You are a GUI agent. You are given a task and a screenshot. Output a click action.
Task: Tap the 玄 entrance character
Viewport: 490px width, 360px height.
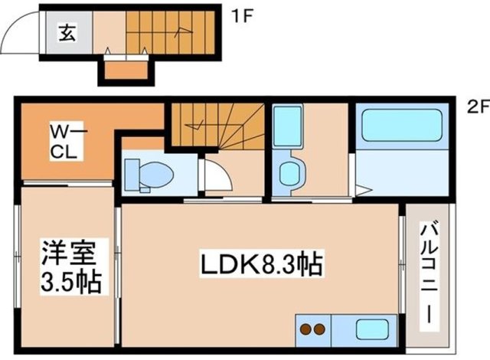click(68, 34)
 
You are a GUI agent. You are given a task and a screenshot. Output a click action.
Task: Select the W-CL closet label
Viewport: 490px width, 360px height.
click(67, 142)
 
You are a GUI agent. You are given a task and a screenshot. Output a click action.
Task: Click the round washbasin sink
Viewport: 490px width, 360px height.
click(290, 172)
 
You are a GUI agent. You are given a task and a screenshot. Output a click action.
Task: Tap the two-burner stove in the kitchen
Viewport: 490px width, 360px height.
click(311, 329)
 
